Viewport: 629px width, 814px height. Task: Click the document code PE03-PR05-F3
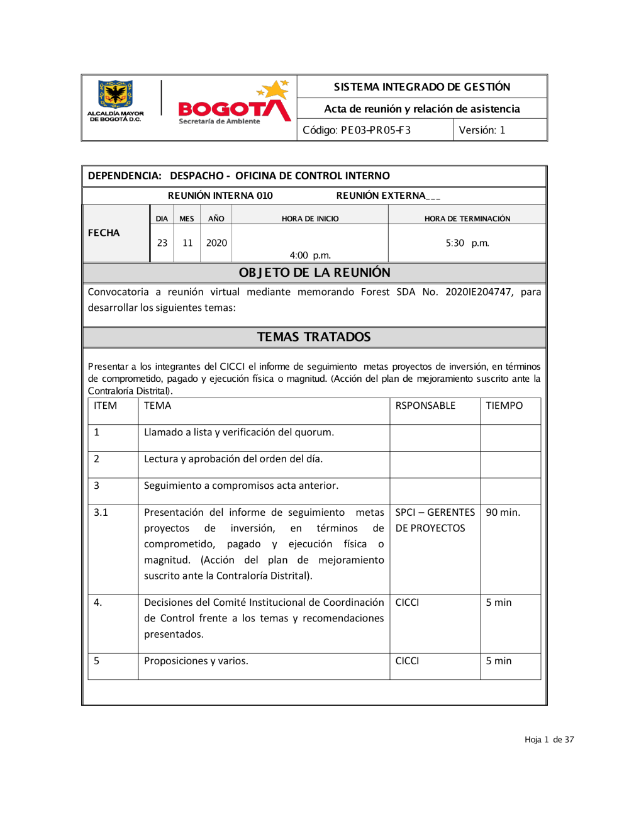click(357, 130)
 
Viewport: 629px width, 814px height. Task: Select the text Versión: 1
click(482, 130)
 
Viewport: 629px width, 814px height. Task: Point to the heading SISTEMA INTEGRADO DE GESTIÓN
click(421, 87)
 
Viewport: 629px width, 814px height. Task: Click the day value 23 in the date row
click(162, 243)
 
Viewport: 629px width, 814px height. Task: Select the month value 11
click(187, 243)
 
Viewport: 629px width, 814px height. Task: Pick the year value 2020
click(216, 243)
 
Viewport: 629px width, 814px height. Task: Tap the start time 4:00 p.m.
click(310, 255)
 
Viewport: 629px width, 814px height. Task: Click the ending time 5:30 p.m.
click(467, 243)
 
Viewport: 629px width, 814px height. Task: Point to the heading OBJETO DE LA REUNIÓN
click(314, 272)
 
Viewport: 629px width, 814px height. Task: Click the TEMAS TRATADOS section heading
click(314, 337)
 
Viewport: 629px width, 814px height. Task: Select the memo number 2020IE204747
click(479, 292)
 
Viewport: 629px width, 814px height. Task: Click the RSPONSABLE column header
click(425, 406)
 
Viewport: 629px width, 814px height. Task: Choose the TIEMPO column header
click(504, 406)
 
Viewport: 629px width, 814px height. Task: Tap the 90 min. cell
click(503, 513)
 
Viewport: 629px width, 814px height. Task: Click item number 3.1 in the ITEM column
click(101, 513)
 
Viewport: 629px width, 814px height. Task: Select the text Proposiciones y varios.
click(196, 661)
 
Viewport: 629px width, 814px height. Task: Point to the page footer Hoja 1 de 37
click(549, 740)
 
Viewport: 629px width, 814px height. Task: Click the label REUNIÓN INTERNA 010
click(220, 196)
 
